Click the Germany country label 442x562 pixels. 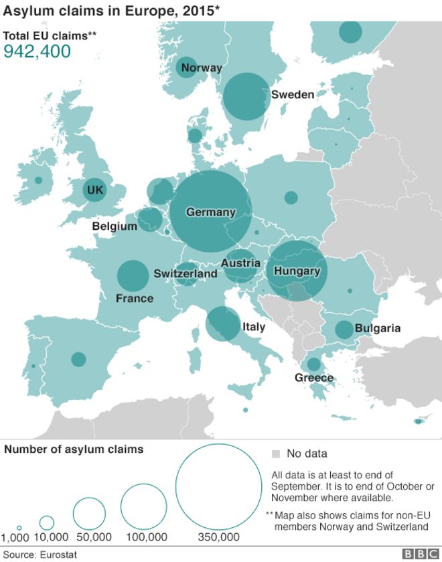(x=211, y=212)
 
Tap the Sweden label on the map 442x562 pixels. (x=293, y=94)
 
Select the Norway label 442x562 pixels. (x=202, y=68)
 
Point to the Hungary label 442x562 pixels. (x=297, y=271)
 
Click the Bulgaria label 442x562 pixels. (x=378, y=328)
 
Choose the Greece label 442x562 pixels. (x=313, y=378)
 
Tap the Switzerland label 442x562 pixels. (x=186, y=273)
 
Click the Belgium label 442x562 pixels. (x=115, y=226)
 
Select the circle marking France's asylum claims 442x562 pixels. (x=133, y=275)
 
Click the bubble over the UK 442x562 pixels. (x=95, y=191)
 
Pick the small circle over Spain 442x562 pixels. (x=79, y=359)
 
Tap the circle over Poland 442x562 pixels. (x=291, y=198)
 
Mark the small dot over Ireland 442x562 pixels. (x=38, y=180)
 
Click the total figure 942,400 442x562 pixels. (x=38, y=52)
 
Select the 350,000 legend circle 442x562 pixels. (x=218, y=487)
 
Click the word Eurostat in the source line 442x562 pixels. (x=60, y=555)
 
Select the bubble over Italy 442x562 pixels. (x=222, y=324)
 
